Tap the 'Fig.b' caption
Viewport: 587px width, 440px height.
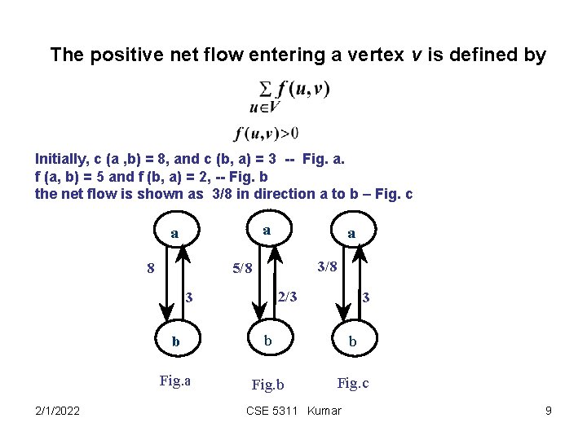[268, 384]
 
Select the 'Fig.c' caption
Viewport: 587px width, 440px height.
[353, 382]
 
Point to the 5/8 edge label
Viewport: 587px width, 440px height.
[242, 267]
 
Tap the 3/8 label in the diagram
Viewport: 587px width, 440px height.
[326, 266]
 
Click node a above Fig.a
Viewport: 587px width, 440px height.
[174, 233]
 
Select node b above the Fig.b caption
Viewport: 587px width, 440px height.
[267, 340]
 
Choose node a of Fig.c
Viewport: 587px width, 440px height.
[351, 233]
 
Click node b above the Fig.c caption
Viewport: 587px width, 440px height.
[353, 341]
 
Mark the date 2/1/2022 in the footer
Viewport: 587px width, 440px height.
[57, 411]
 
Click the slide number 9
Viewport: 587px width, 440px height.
[549, 411]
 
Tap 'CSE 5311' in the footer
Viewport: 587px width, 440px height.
[271, 411]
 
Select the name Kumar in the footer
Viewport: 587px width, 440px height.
[324, 411]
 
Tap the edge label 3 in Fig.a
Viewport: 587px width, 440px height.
[188, 297]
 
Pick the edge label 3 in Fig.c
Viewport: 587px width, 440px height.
[366, 297]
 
